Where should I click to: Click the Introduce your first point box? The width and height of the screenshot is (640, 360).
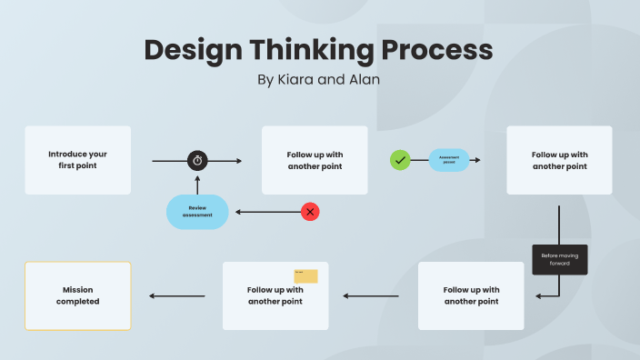click(x=77, y=160)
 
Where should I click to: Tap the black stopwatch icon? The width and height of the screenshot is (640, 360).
click(x=198, y=161)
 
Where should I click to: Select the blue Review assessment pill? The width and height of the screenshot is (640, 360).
click(x=197, y=212)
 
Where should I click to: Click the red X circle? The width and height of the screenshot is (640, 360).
click(x=311, y=212)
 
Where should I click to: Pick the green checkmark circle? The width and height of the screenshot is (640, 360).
click(x=400, y=160)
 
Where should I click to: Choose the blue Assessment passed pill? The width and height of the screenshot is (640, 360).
click(x=449, y=160)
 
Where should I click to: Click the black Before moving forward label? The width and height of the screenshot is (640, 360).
click(x=559, y=260)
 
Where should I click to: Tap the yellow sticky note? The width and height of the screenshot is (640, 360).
click(x=305, y=276)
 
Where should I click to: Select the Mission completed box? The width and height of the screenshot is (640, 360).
click(x=77, y=295)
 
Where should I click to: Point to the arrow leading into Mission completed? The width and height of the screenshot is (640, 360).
click(x=176, y=295)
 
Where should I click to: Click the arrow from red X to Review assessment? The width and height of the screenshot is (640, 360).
click(x=267, y=212)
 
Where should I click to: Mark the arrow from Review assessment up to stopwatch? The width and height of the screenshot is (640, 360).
click(x=198, y=183)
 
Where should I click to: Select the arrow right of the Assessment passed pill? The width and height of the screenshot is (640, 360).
click(x=475, y=160)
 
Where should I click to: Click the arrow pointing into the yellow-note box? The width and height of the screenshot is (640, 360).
click(x=370, y=295)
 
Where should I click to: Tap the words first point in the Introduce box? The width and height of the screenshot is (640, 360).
click(x=77, y=165)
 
